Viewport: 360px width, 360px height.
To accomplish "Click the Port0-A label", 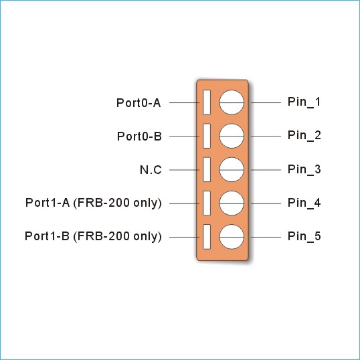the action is [139, 103].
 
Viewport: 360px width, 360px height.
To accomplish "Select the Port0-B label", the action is [139, 137].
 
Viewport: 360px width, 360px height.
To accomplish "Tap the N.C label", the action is [151, 170].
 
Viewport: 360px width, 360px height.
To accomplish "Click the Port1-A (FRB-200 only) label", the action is [94, 203].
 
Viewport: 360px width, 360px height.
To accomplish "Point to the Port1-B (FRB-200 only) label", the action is [93, 236].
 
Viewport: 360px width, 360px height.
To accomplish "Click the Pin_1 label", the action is [304, 102].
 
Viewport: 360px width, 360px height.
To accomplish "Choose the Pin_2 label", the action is [304, 135].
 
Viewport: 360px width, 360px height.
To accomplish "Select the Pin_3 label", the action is [304, 169].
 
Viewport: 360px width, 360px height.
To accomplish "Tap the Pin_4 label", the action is [304, 203].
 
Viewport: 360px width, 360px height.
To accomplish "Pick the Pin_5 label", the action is [304, 236].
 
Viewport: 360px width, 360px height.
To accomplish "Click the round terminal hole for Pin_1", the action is [232, 102].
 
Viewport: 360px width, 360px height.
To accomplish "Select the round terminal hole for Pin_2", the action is [232, 136].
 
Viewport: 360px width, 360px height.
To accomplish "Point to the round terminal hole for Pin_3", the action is [232, 170].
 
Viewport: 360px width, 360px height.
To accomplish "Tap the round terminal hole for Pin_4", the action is [232, 203].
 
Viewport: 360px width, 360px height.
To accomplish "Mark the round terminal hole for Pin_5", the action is [232, 237].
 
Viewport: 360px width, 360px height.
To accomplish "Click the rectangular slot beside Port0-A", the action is [207, 102].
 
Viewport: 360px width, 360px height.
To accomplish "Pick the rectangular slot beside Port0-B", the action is [207, 136].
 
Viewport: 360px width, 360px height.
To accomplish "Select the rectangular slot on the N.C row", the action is [207, 170].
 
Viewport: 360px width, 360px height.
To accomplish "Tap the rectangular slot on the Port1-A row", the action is [207, 203].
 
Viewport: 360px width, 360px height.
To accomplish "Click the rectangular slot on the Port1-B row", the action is [207, 237].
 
